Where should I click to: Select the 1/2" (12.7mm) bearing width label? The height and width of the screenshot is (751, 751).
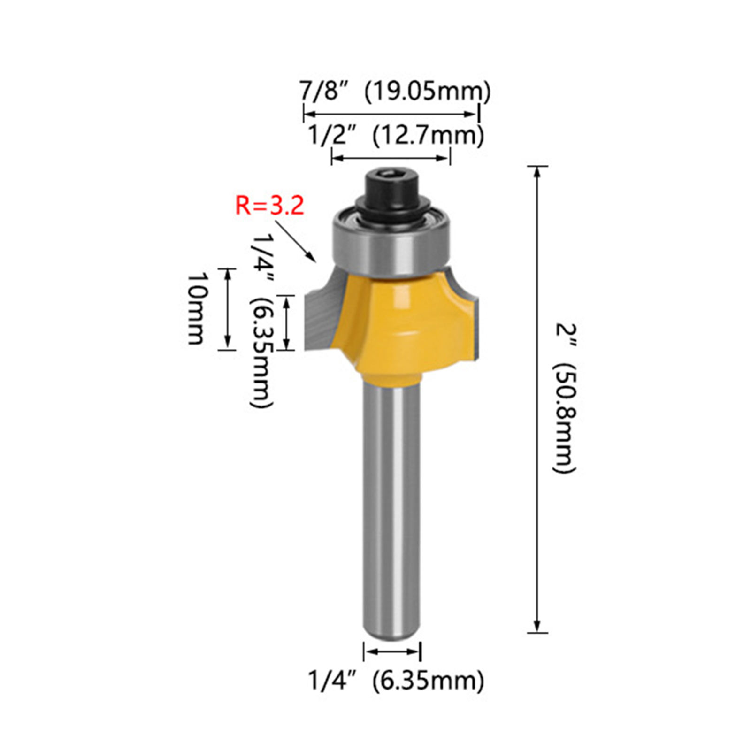pos(396,136)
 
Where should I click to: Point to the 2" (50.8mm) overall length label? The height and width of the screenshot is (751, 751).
pos(565,398)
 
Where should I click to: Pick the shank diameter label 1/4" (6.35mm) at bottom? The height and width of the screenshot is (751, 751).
pos(396,680)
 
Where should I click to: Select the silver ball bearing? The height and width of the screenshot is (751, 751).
pos(392,244)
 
